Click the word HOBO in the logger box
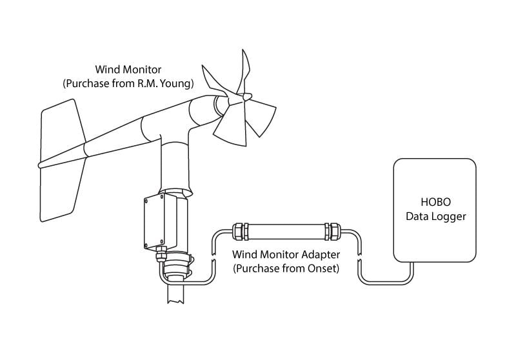(435, 202)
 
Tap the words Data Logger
(435, 216)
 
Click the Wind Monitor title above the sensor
(128, 70)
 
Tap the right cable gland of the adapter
(332, 230)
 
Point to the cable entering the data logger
(387, 280)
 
